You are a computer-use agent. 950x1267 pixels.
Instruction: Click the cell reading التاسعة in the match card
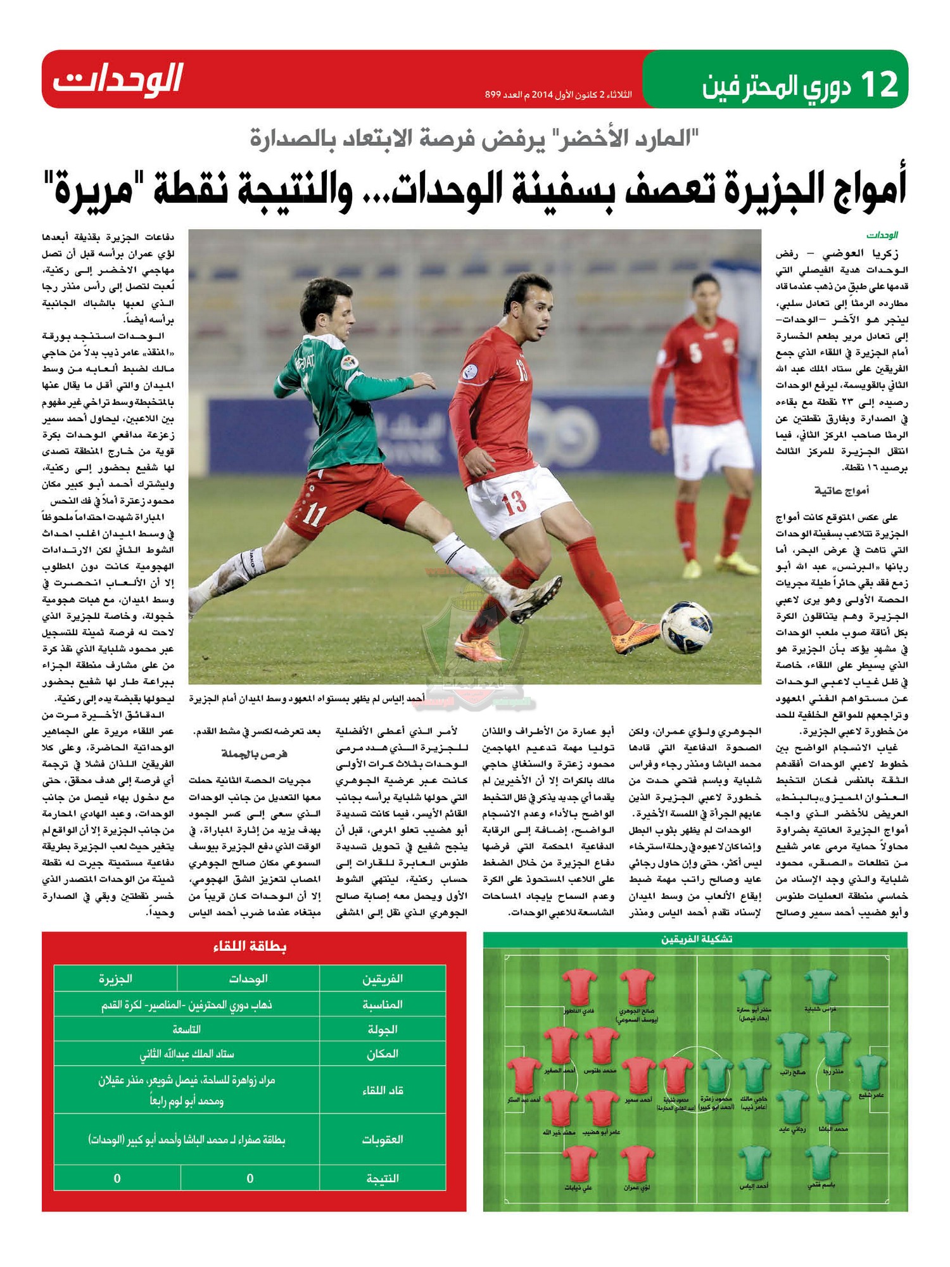186,1029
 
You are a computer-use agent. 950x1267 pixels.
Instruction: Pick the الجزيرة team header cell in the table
115,979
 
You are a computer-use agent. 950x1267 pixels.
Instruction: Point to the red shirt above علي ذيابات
579,1164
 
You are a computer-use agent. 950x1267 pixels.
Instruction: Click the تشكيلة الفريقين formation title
697,939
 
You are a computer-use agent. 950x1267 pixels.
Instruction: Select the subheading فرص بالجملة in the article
254,753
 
